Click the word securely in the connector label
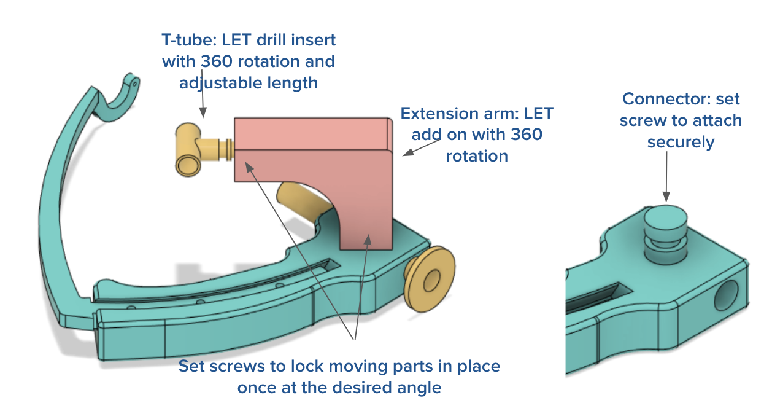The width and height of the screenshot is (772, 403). [681, 143]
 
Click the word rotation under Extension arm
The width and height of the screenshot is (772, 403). [477, 156]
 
